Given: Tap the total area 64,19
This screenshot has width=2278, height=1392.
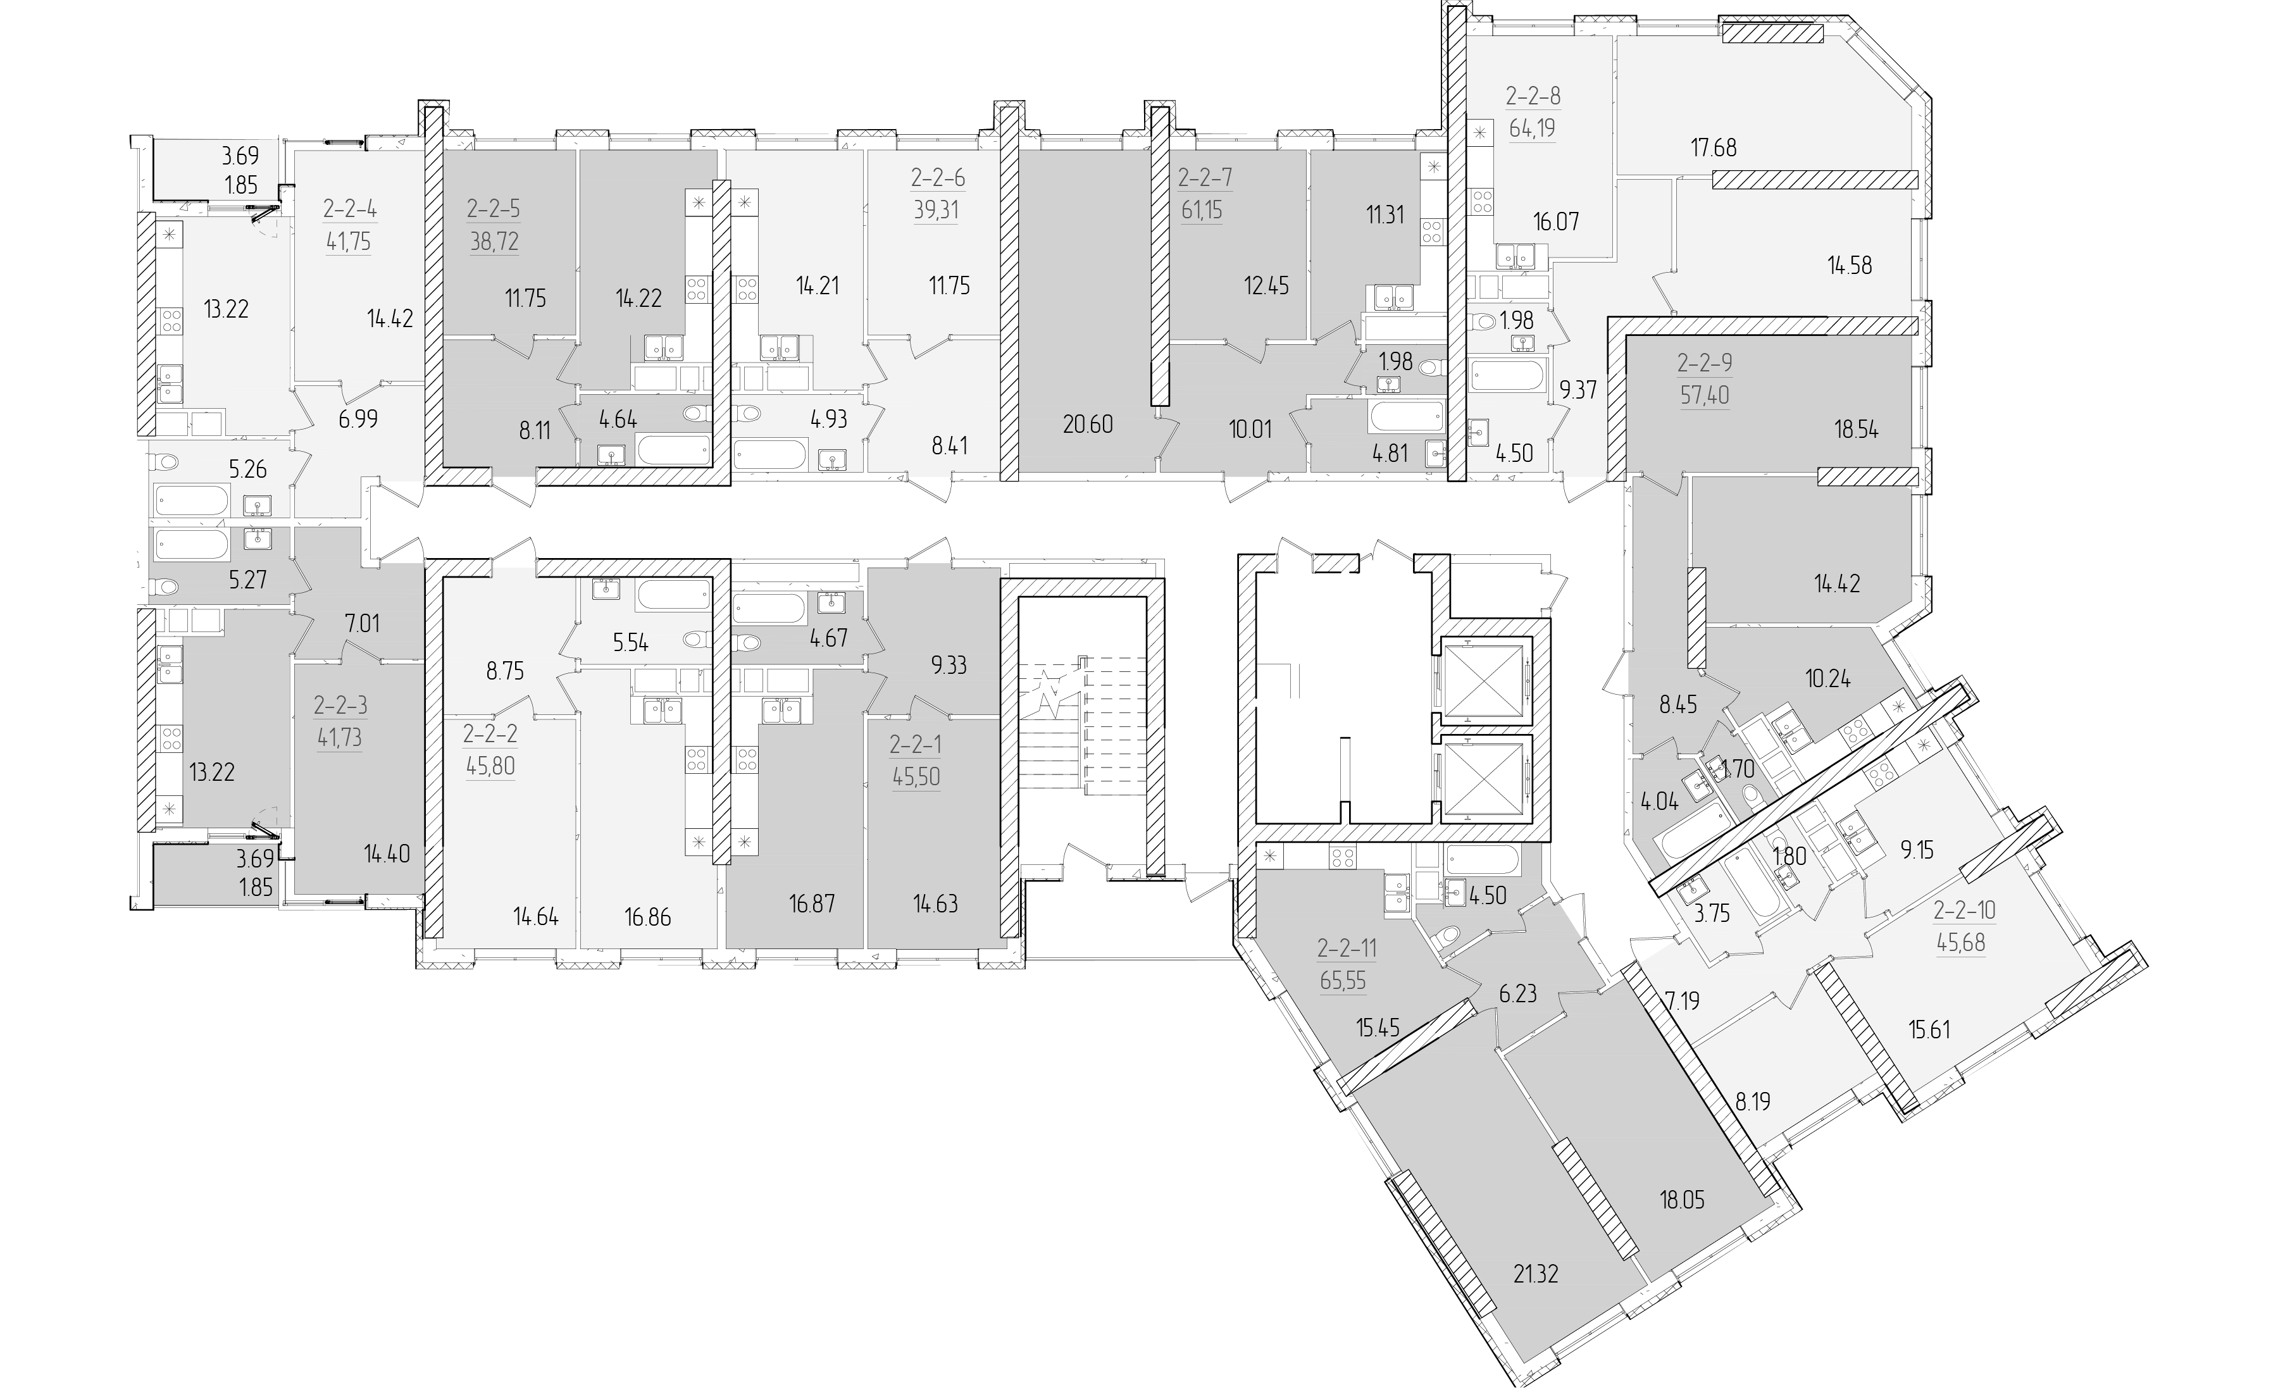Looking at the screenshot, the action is coord(1532,128).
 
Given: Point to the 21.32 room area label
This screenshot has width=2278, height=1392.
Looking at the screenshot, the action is coord(1536,1274).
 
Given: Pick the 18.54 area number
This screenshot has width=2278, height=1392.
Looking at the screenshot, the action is coord(1857,430).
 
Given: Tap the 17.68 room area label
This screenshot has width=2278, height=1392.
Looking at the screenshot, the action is coord(1713,147).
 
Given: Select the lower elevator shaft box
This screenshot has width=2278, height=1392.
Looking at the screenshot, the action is coord(1481,779).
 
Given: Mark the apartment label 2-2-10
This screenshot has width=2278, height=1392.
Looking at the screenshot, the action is coord(1965,910).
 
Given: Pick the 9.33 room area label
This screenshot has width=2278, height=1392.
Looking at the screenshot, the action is coord(948,666).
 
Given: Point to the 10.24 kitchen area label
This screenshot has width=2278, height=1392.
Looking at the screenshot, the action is coord(1827,678).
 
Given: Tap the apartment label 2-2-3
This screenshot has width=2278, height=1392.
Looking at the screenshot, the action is coord(340,706).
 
